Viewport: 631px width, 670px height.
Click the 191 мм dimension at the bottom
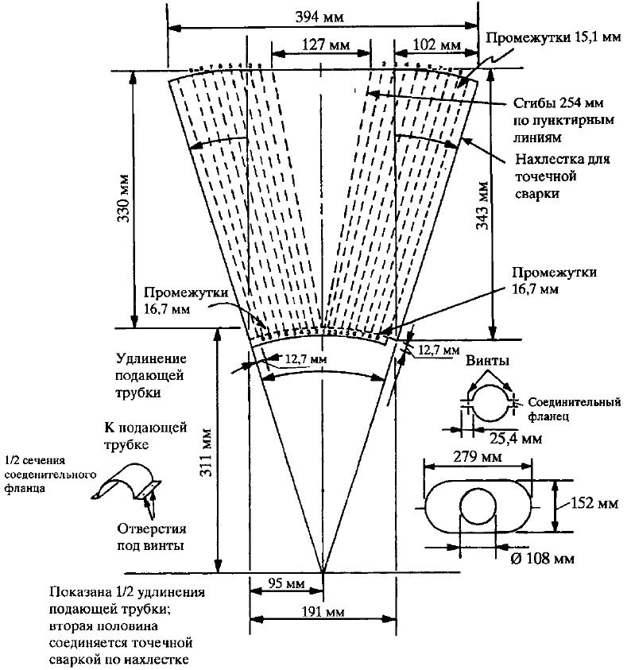tap(323, 612)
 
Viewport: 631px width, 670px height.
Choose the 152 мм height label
tap(590, 503)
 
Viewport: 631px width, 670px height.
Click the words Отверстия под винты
tap(151, 538)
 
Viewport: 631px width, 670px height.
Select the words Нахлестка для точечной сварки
tap(562, 175)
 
